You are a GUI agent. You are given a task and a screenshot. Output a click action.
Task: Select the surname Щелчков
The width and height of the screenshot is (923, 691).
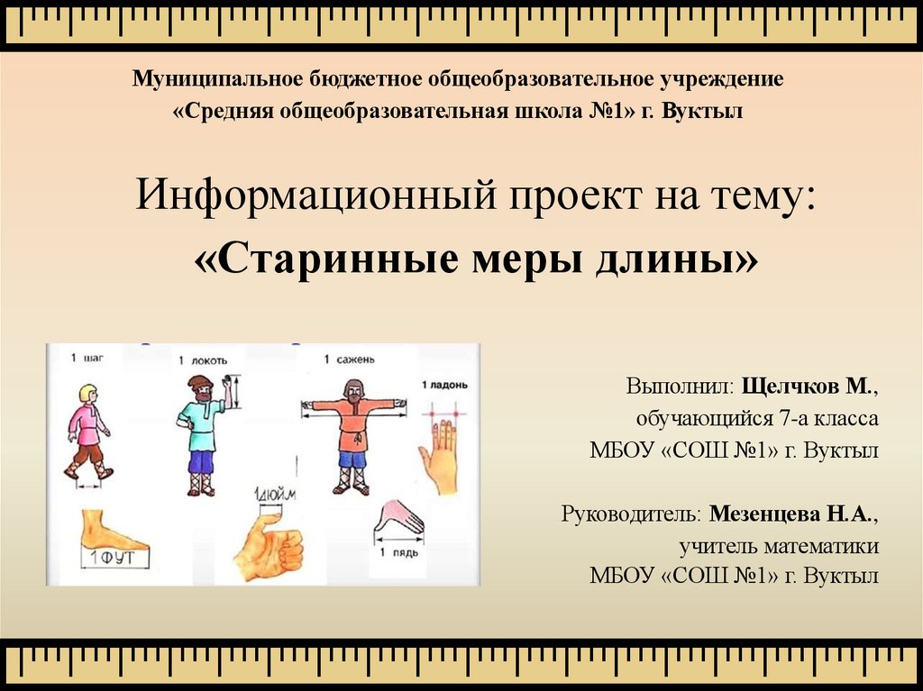[x=790, y=386]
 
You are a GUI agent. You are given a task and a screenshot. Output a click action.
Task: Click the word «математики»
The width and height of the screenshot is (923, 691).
[x=821, y=546]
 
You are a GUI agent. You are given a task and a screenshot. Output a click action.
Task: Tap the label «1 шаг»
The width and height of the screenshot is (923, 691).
[x=87, y=358]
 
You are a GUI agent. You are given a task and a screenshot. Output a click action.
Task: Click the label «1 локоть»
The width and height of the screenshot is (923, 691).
[x=203, y=360]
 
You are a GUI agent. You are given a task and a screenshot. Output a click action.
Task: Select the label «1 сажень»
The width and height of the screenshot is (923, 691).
[x=349, y=359]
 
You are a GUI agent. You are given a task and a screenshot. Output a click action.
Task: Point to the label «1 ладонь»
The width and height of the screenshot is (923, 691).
[x=444, y=385]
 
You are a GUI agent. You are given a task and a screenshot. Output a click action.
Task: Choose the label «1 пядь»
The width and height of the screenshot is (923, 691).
[x=398, y=552]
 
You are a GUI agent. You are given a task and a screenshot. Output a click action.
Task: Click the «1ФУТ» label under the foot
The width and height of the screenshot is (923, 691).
[x=114, y=557]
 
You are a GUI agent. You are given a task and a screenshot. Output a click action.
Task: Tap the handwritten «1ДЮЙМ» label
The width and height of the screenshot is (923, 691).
[x=275, y=494]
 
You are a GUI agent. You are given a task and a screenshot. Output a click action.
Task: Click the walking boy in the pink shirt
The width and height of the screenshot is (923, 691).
[x=88, y=432]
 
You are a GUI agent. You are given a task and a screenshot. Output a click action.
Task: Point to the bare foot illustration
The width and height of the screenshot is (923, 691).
[x=112, y=529]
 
